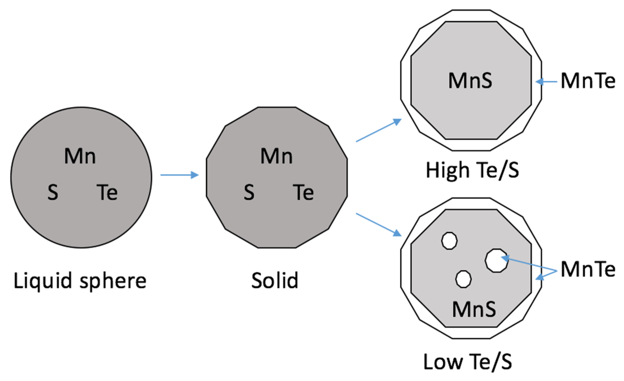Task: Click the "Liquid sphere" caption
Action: click(x=80, y=281)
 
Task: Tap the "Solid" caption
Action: click(x=275, y=281)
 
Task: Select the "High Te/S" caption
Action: click(x=472, y=170)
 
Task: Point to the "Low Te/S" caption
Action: click(x=468, y=362)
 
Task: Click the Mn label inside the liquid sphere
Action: click(x=80, y=156)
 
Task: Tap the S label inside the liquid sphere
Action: click(x=53, y=192)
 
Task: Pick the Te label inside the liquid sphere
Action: click(x=107, y=192)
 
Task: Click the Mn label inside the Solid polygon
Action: click(x=277, y=156)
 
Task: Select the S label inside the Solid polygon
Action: click(x=249, y=192)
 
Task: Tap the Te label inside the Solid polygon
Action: click(x=303, y=192)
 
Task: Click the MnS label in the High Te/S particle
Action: click(x=470, y=81)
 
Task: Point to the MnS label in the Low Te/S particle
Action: click(x=474, y=309)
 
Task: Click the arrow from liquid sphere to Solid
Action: click(x=179, y=175)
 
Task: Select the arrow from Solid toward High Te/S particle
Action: click(x=379, y=130)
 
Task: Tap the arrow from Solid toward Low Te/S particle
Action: click(x=379, y=225)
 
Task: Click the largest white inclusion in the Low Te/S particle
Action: click(x=496, y=261)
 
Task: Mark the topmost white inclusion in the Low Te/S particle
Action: click(x=449, y=241)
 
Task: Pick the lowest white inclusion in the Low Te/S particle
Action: click(x=463, y=279)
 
